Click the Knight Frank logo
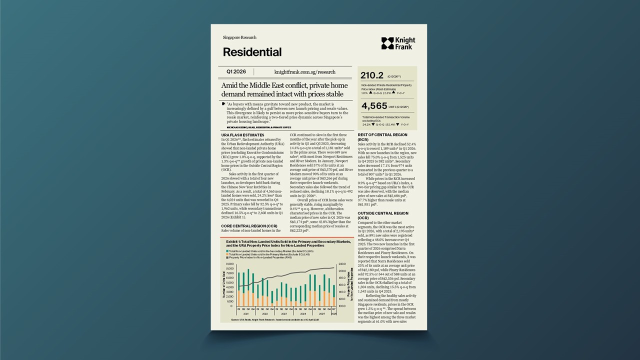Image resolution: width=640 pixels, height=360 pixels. click(x=398, y=43)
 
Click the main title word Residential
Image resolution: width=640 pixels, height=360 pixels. click(x=252, y=52)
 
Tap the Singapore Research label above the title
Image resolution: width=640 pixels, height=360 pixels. click(x=239, y=37)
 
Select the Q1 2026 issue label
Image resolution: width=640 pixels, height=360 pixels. click(x=236, y=72)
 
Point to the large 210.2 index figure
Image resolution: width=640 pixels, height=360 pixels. click(x=372, y=75)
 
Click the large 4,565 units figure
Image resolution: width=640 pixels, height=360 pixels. click(x=373, y=106)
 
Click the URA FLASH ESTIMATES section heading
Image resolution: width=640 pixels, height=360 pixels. click(x=242, y=135)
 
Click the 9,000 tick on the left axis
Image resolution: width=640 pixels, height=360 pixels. click(x=230, y=264)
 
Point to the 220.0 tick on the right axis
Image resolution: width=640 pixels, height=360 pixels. click(x=342, y=264)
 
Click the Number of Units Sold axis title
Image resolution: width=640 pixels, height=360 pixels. click(x=223, y=284)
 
